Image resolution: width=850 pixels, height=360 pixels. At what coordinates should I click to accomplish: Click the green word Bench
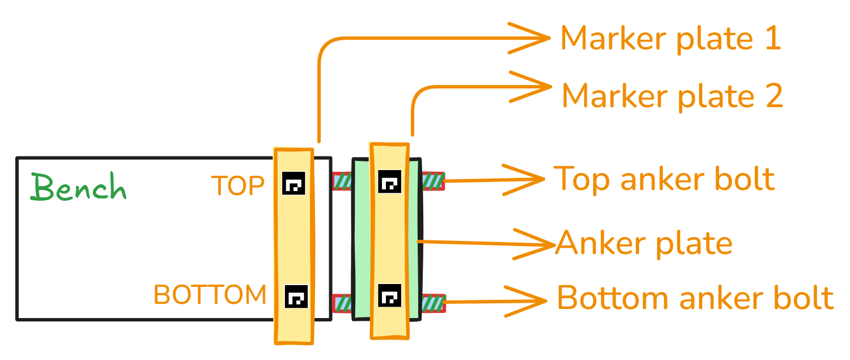(x=79, y=187)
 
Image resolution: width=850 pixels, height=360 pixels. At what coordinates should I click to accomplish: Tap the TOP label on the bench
(x=238, y=186)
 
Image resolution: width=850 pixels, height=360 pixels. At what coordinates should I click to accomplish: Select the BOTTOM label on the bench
(x=210, y=295)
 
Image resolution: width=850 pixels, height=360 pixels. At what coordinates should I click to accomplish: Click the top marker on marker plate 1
(x=294, y=183)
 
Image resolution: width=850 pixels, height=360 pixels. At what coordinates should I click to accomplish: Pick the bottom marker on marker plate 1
(x=296, y=296)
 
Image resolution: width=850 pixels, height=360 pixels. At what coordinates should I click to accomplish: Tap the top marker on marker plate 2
(x=390, y=181)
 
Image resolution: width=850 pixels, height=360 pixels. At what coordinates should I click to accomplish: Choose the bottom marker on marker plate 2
(x=390, y=295)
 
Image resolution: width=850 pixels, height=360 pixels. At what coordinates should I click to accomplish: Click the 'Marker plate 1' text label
(x=671, y=39)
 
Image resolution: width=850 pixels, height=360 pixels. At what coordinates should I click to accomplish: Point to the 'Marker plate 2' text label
(x=673, y=96)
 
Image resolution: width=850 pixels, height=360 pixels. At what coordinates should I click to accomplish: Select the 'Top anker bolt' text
(x=664, y=179)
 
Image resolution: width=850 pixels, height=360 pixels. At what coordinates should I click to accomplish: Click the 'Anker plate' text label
(x=644, y=243)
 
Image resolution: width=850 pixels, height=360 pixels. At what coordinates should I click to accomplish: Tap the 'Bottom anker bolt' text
(x=695, y=298)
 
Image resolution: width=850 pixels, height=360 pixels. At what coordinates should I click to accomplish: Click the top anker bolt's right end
(x=444, y=181)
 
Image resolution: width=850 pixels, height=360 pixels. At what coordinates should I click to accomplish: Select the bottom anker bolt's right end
(x=445, y=303)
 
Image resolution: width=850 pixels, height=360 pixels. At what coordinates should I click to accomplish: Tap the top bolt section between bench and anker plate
(x=342, y=181)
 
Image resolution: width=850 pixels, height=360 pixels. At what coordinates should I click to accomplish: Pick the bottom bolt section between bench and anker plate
(x=342, y=304)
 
